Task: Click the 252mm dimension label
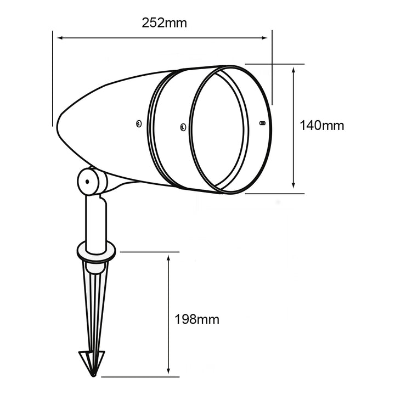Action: (x=164, y=23)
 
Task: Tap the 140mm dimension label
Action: (x=321, y=125)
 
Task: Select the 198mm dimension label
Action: (x=197, y=319)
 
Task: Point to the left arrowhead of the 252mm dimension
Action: (x=60, y=38)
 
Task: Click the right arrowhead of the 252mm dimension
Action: (x=264, y=38)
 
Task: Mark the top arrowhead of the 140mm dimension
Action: (x=293, y=70)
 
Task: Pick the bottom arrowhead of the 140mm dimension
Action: (x=293, y=185)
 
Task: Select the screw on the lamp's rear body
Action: (x=139, y=123)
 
